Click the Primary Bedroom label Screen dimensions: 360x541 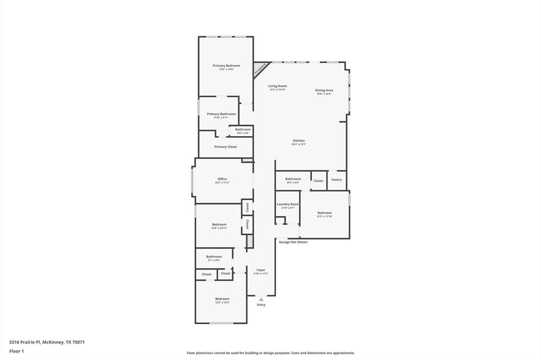(x=226, y=66)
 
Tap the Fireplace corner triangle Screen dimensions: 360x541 (x=259, y=68)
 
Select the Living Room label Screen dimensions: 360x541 (x=277, y=86)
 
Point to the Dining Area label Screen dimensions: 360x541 (x=324, y=90)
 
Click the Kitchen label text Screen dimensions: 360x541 (x=299, y=141)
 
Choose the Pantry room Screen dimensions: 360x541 (x=337, y=180)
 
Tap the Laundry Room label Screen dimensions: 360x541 (x=287, y=204)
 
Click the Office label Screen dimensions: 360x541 (x=222, y=179)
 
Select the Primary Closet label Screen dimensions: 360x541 (x=226, y=147)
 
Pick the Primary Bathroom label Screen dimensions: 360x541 (x=221, y=114)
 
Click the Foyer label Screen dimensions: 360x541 (x=261, y=270)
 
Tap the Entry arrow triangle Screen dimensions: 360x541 (x=261, y=299)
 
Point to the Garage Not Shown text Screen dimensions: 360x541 (x=293, y=242)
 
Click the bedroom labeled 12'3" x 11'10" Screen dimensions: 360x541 (x=324, y=213)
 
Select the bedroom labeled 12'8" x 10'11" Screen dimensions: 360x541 (x=219, y=225)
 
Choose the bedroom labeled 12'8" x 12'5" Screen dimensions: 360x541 (x=222, y=299)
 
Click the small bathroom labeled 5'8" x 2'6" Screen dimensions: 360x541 (x=243, y=130)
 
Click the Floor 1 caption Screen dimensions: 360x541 (x=16, y=351)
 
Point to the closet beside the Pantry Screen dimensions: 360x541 (x=318, y=181)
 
